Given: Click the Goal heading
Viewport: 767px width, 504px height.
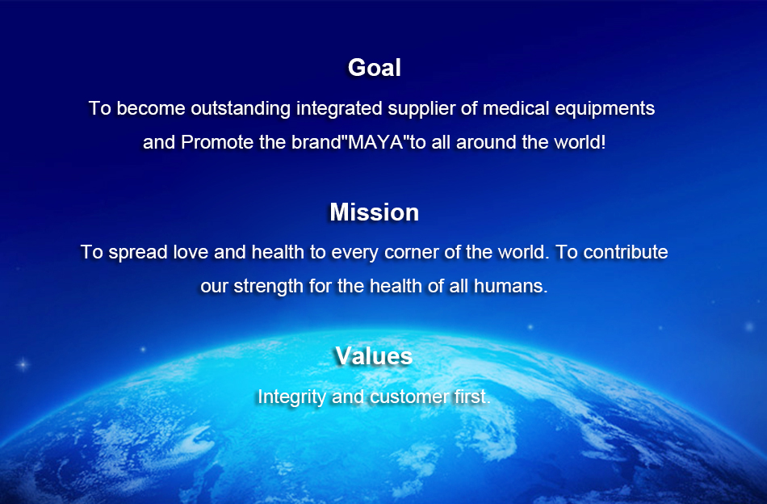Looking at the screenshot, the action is [374, 68].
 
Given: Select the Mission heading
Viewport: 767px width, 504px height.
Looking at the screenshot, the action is [374, 212].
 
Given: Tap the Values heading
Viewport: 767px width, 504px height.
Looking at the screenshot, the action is [374, 355].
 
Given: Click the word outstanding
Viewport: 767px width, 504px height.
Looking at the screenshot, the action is [241, 108].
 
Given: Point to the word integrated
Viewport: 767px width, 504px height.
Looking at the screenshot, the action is [339, 108].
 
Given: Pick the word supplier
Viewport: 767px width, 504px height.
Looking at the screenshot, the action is [421, 109].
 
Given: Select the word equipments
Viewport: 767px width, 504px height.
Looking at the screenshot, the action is [605, 109].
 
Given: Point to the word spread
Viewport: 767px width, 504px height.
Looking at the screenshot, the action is [138, 253].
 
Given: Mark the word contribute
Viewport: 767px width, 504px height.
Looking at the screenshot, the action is [626, 252].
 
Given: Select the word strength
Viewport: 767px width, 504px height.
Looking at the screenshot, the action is [268, 287].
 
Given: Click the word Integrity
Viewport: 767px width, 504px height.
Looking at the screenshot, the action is [291, 397].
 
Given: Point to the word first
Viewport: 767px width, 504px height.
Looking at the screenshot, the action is [472, 397].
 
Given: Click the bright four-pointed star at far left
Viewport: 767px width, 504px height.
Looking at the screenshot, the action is [23, 364].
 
